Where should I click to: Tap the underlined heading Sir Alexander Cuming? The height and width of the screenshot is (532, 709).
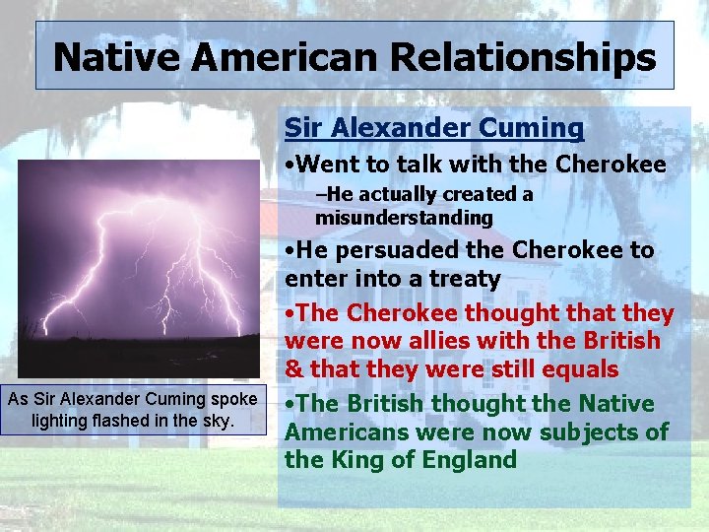434,128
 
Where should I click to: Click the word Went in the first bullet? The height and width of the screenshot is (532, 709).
332,164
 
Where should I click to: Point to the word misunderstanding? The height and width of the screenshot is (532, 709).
404,217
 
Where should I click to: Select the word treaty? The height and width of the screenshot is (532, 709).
467,280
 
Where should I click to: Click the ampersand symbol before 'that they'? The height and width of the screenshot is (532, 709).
292,370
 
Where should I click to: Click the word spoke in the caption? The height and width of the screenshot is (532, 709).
234,399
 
